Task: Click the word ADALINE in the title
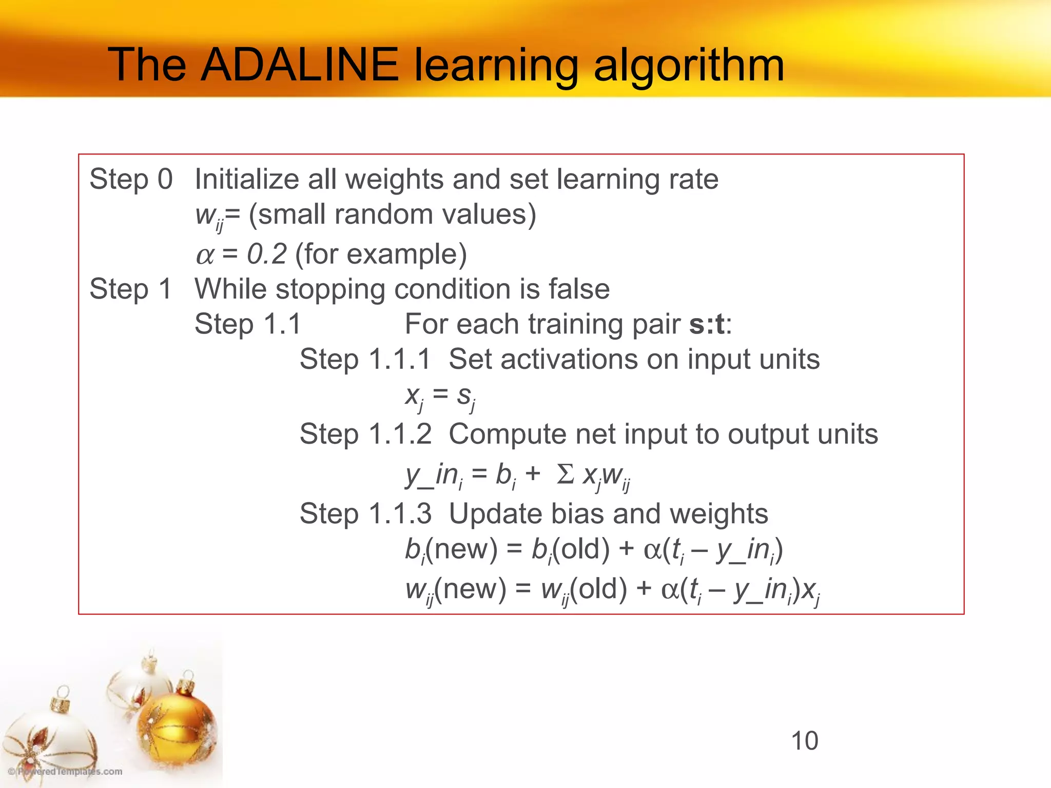[x=299, y=65]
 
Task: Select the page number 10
[x=804, y=741]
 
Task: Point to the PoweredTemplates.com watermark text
[x=65, y=772]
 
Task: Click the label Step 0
[x=131, y=179]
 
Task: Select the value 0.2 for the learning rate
[x=266, y=254]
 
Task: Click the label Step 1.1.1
[x=365, y=359]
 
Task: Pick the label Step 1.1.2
[x=365, y=434]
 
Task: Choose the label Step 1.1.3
[x=365, y=514]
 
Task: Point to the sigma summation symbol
[x=565, y=474]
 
